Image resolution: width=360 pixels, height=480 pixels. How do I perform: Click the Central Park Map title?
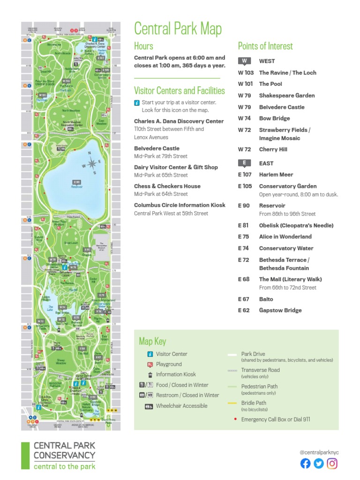tap(178, 29)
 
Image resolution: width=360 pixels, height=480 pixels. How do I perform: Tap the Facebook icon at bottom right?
tap(305, 464)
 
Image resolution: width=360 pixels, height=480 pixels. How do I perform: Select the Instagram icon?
tap(332, 464)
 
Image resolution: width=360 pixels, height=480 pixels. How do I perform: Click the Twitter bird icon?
tap(319, 464)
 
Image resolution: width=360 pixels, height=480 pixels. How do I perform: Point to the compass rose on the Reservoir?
tap(91, 164)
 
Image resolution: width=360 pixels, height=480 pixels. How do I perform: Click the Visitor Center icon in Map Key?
tap(150, 354)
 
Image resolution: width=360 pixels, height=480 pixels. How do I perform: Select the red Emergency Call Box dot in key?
tap(235, 420)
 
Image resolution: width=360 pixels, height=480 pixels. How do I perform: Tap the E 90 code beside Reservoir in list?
tap(243, 205)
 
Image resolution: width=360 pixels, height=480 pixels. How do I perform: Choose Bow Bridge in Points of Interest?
tap(274, 119)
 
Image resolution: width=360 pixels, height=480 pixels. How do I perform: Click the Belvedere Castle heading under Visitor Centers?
tap(157, 148)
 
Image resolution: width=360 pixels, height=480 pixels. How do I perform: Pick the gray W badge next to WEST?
tap(244, 61)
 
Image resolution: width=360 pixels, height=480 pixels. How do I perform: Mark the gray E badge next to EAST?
tap(244, 163)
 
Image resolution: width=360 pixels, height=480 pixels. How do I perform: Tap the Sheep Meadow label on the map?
tap(61, 361)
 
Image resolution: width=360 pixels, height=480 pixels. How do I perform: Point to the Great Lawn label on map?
tap(71, 243)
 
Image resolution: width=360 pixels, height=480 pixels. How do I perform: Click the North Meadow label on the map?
tap(71, 111)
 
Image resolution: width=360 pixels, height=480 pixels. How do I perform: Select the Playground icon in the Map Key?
tap(150, 364)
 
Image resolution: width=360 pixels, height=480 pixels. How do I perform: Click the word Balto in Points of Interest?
tap(266, 299)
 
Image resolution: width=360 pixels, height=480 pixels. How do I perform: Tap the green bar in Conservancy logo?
tap(25, 455)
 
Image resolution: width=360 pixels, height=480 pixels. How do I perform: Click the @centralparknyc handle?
tap(319, 452)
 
